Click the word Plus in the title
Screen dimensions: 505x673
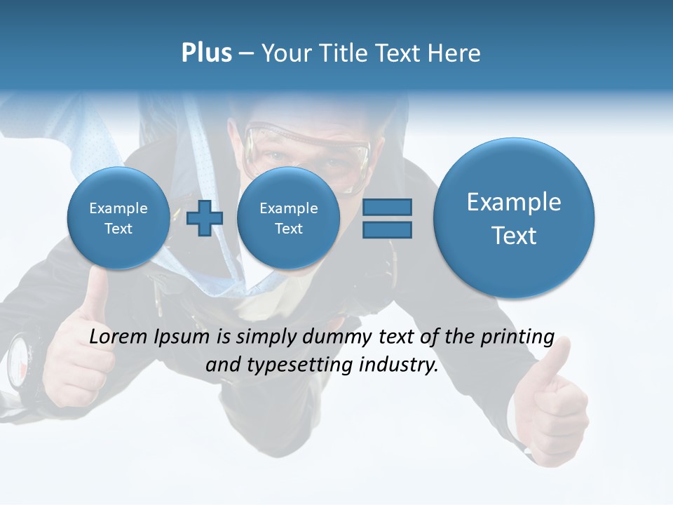(206, 53)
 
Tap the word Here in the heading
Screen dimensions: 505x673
(456, 53)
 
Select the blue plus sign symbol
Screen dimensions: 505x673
(205, 218)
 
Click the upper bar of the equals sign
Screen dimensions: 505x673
(387, 208)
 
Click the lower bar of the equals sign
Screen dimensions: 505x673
(387, 229)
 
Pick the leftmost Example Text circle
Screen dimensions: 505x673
(118, 218)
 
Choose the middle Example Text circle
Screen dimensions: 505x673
(288, 218)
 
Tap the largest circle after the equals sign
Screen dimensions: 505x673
(514, 218)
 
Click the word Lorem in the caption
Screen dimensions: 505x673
(119, 337)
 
